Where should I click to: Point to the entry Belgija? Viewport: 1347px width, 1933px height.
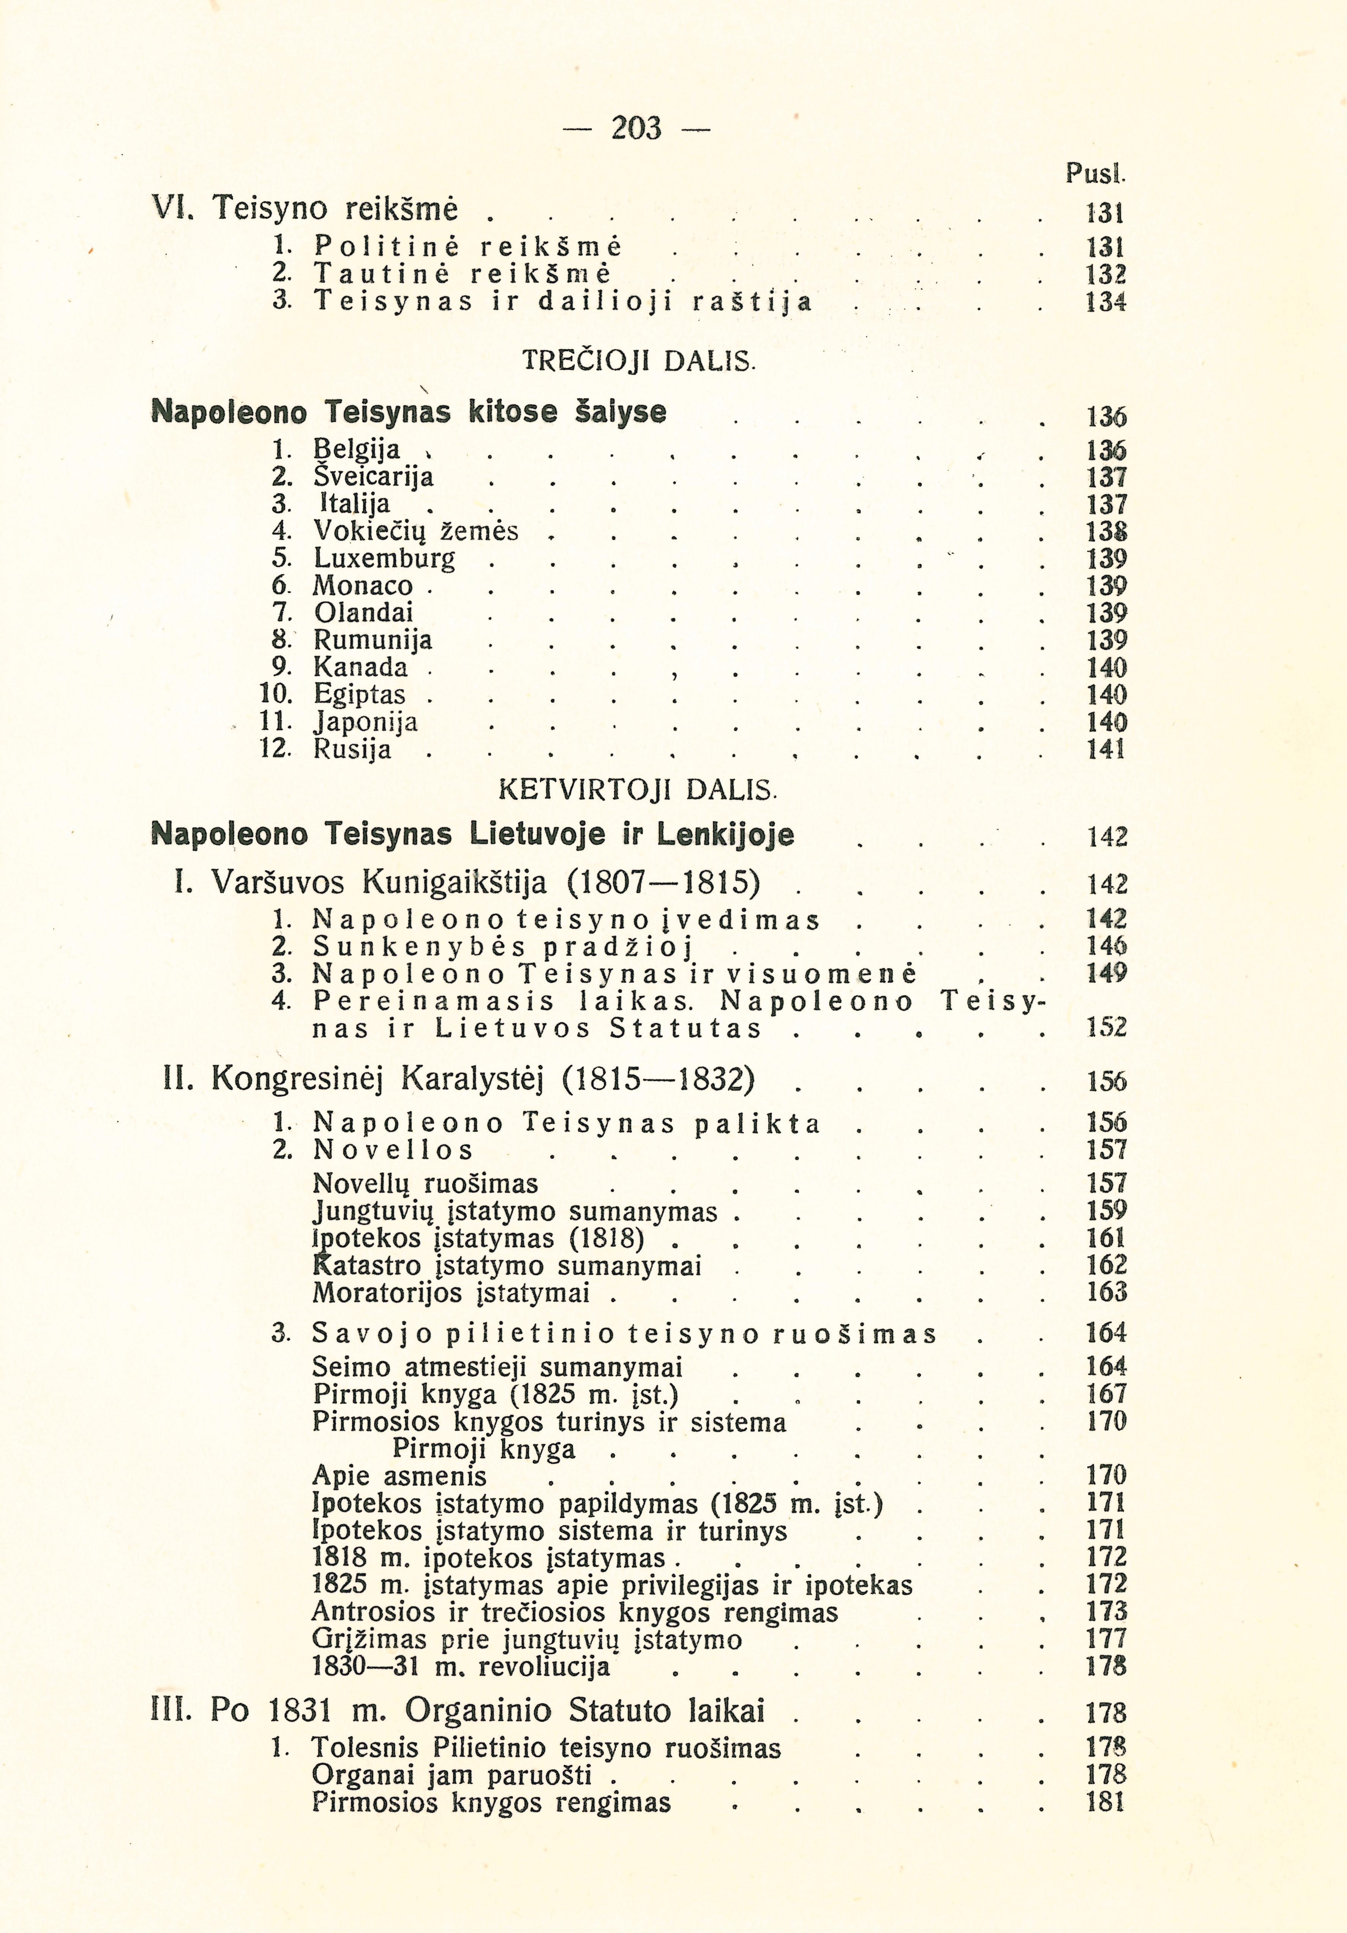pos(357,449)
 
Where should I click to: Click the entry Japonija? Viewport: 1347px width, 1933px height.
pos(365,722)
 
